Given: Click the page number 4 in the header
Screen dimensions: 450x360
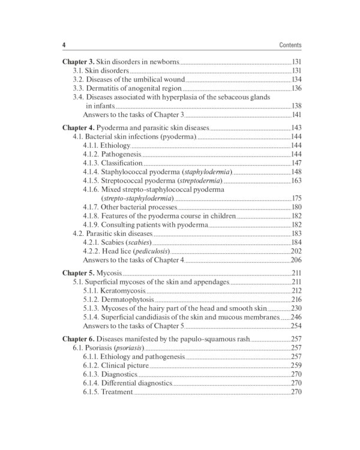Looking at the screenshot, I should point(64,45).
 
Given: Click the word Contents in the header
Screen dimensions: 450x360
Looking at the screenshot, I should point(290,45).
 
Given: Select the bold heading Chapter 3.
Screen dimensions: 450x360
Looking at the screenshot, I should point(79,62).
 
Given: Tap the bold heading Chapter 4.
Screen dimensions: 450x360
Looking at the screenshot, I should point(79,128).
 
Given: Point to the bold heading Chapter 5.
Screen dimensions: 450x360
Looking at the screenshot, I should point(79,272).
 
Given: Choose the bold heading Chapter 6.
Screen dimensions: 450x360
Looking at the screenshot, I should point(79,338).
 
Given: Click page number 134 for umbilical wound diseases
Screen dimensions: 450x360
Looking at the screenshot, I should point(296,79).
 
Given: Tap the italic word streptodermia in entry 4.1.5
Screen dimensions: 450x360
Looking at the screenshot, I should point(200,181).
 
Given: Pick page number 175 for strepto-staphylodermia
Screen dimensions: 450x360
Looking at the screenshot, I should point(296,198).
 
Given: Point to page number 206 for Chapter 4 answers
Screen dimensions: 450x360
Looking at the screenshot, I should point(296,260).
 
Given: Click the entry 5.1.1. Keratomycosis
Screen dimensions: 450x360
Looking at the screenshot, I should point(114,290).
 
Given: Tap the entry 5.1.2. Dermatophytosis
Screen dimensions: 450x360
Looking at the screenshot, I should point(118,299).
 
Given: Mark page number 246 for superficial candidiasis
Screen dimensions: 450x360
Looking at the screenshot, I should point(296,317).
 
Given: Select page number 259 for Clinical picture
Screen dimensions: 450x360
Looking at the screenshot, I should point(296,365).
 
